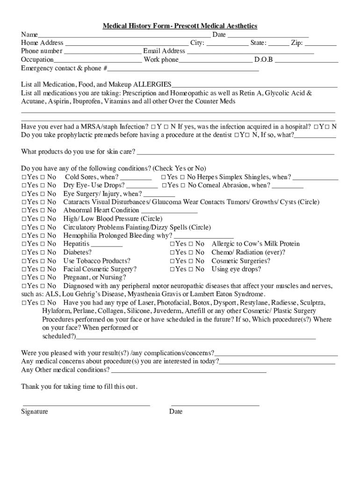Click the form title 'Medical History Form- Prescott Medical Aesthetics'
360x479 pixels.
(180, 26)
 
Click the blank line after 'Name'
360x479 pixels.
(124, 36)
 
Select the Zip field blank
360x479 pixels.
(320, 44)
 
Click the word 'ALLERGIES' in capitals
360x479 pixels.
(152, 85)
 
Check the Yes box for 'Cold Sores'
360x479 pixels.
(24, 177)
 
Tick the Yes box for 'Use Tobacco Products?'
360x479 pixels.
(24, 261)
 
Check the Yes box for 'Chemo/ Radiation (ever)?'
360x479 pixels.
(172, 253)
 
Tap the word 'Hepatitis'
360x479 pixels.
(76, 244)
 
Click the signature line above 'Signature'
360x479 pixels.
(86, 405)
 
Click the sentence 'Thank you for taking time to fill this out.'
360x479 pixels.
(79, 387)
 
